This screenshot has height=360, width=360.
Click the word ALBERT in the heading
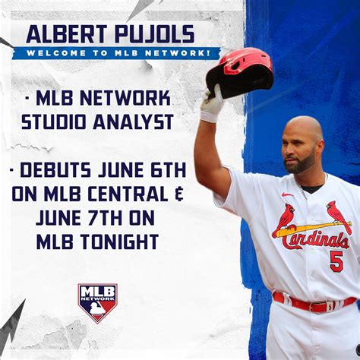tap(67, 34)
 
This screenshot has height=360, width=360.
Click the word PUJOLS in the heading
tap(154, 34)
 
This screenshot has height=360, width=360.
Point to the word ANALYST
tap(133, 122)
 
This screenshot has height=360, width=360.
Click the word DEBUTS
tap(55, 170)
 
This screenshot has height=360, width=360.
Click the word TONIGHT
tap(119, 242)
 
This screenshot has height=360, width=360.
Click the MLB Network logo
tap(97, 303)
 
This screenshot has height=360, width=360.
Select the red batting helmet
tap(239, 73)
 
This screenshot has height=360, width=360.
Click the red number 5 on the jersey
tap(336, 261)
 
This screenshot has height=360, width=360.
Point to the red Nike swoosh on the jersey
tap(288, 194)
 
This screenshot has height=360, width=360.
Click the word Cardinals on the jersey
tap(315, 241)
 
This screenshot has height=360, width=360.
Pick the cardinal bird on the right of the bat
tap(339, 217)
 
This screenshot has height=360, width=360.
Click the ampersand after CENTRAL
tap(179, 194)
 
